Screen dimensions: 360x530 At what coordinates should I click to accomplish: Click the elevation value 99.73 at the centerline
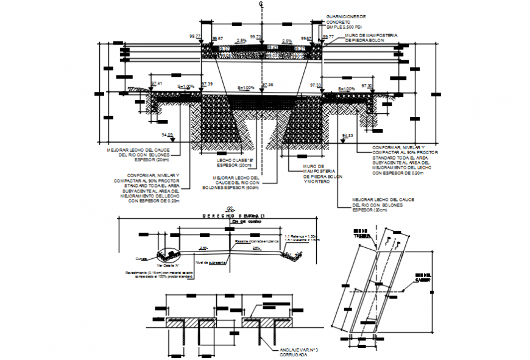(x=260, y=37)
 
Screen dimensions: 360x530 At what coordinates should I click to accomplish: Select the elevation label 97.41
(x=157, y=83)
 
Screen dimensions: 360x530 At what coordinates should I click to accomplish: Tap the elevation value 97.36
(x=267, y=85)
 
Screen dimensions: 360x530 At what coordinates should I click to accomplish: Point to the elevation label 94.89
(x=167, y=135)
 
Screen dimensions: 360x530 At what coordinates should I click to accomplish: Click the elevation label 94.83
(x=348, y=135)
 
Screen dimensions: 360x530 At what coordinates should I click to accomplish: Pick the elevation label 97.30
(x=367, y=86)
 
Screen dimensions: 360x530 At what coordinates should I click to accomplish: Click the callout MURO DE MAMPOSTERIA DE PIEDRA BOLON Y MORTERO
(x=322, y=174)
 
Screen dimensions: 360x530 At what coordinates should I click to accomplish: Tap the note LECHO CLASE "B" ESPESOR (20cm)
(x=235, y=163)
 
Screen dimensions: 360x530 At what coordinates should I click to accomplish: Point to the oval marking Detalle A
(x=167, y=255)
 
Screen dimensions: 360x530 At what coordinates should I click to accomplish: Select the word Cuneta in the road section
(x=142, y=257)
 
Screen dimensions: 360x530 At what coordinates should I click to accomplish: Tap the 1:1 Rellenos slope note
(x=303, y=236)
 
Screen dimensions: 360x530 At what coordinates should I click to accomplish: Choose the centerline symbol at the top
(x=260, y=5)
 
